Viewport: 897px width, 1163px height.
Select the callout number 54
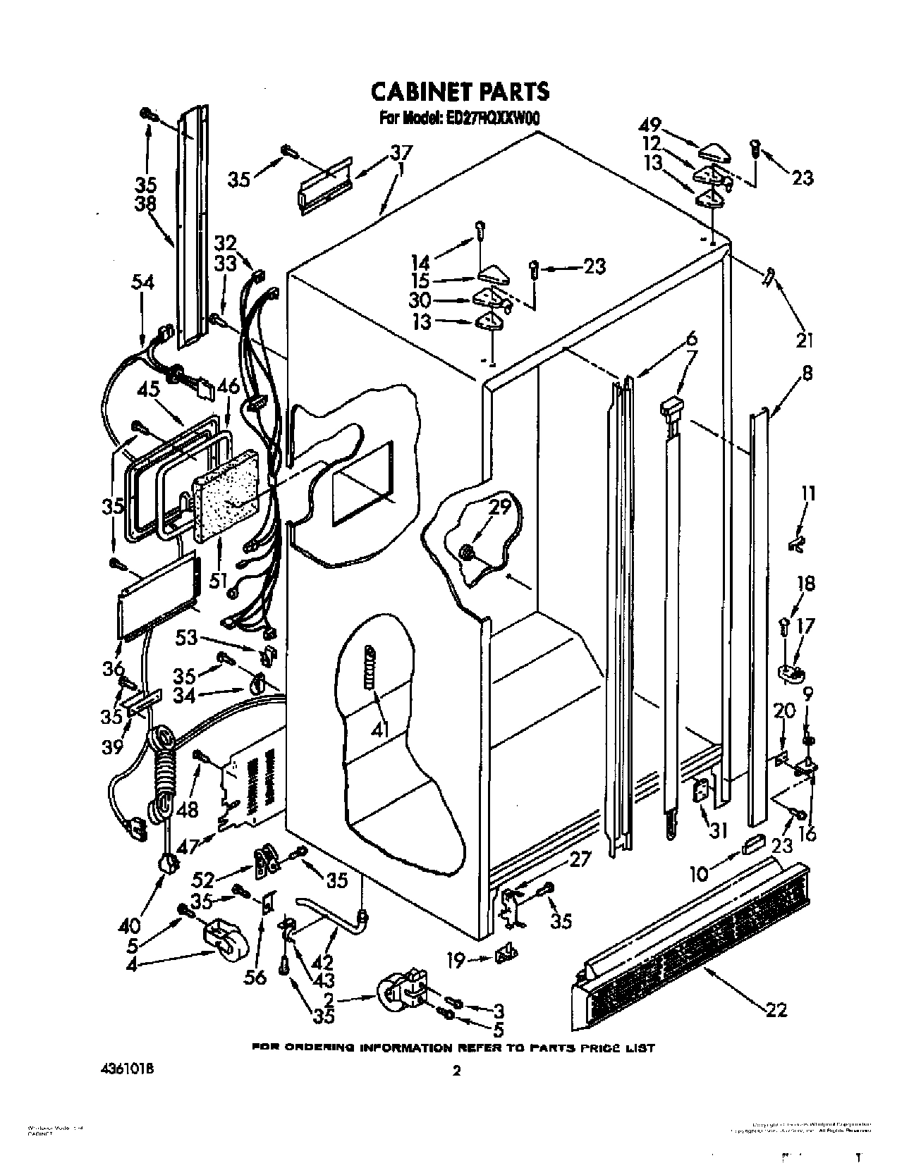tap(142, 282)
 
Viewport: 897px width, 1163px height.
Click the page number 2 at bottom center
tap(456, 1071)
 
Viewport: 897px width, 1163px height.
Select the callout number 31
tap(718, 832)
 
